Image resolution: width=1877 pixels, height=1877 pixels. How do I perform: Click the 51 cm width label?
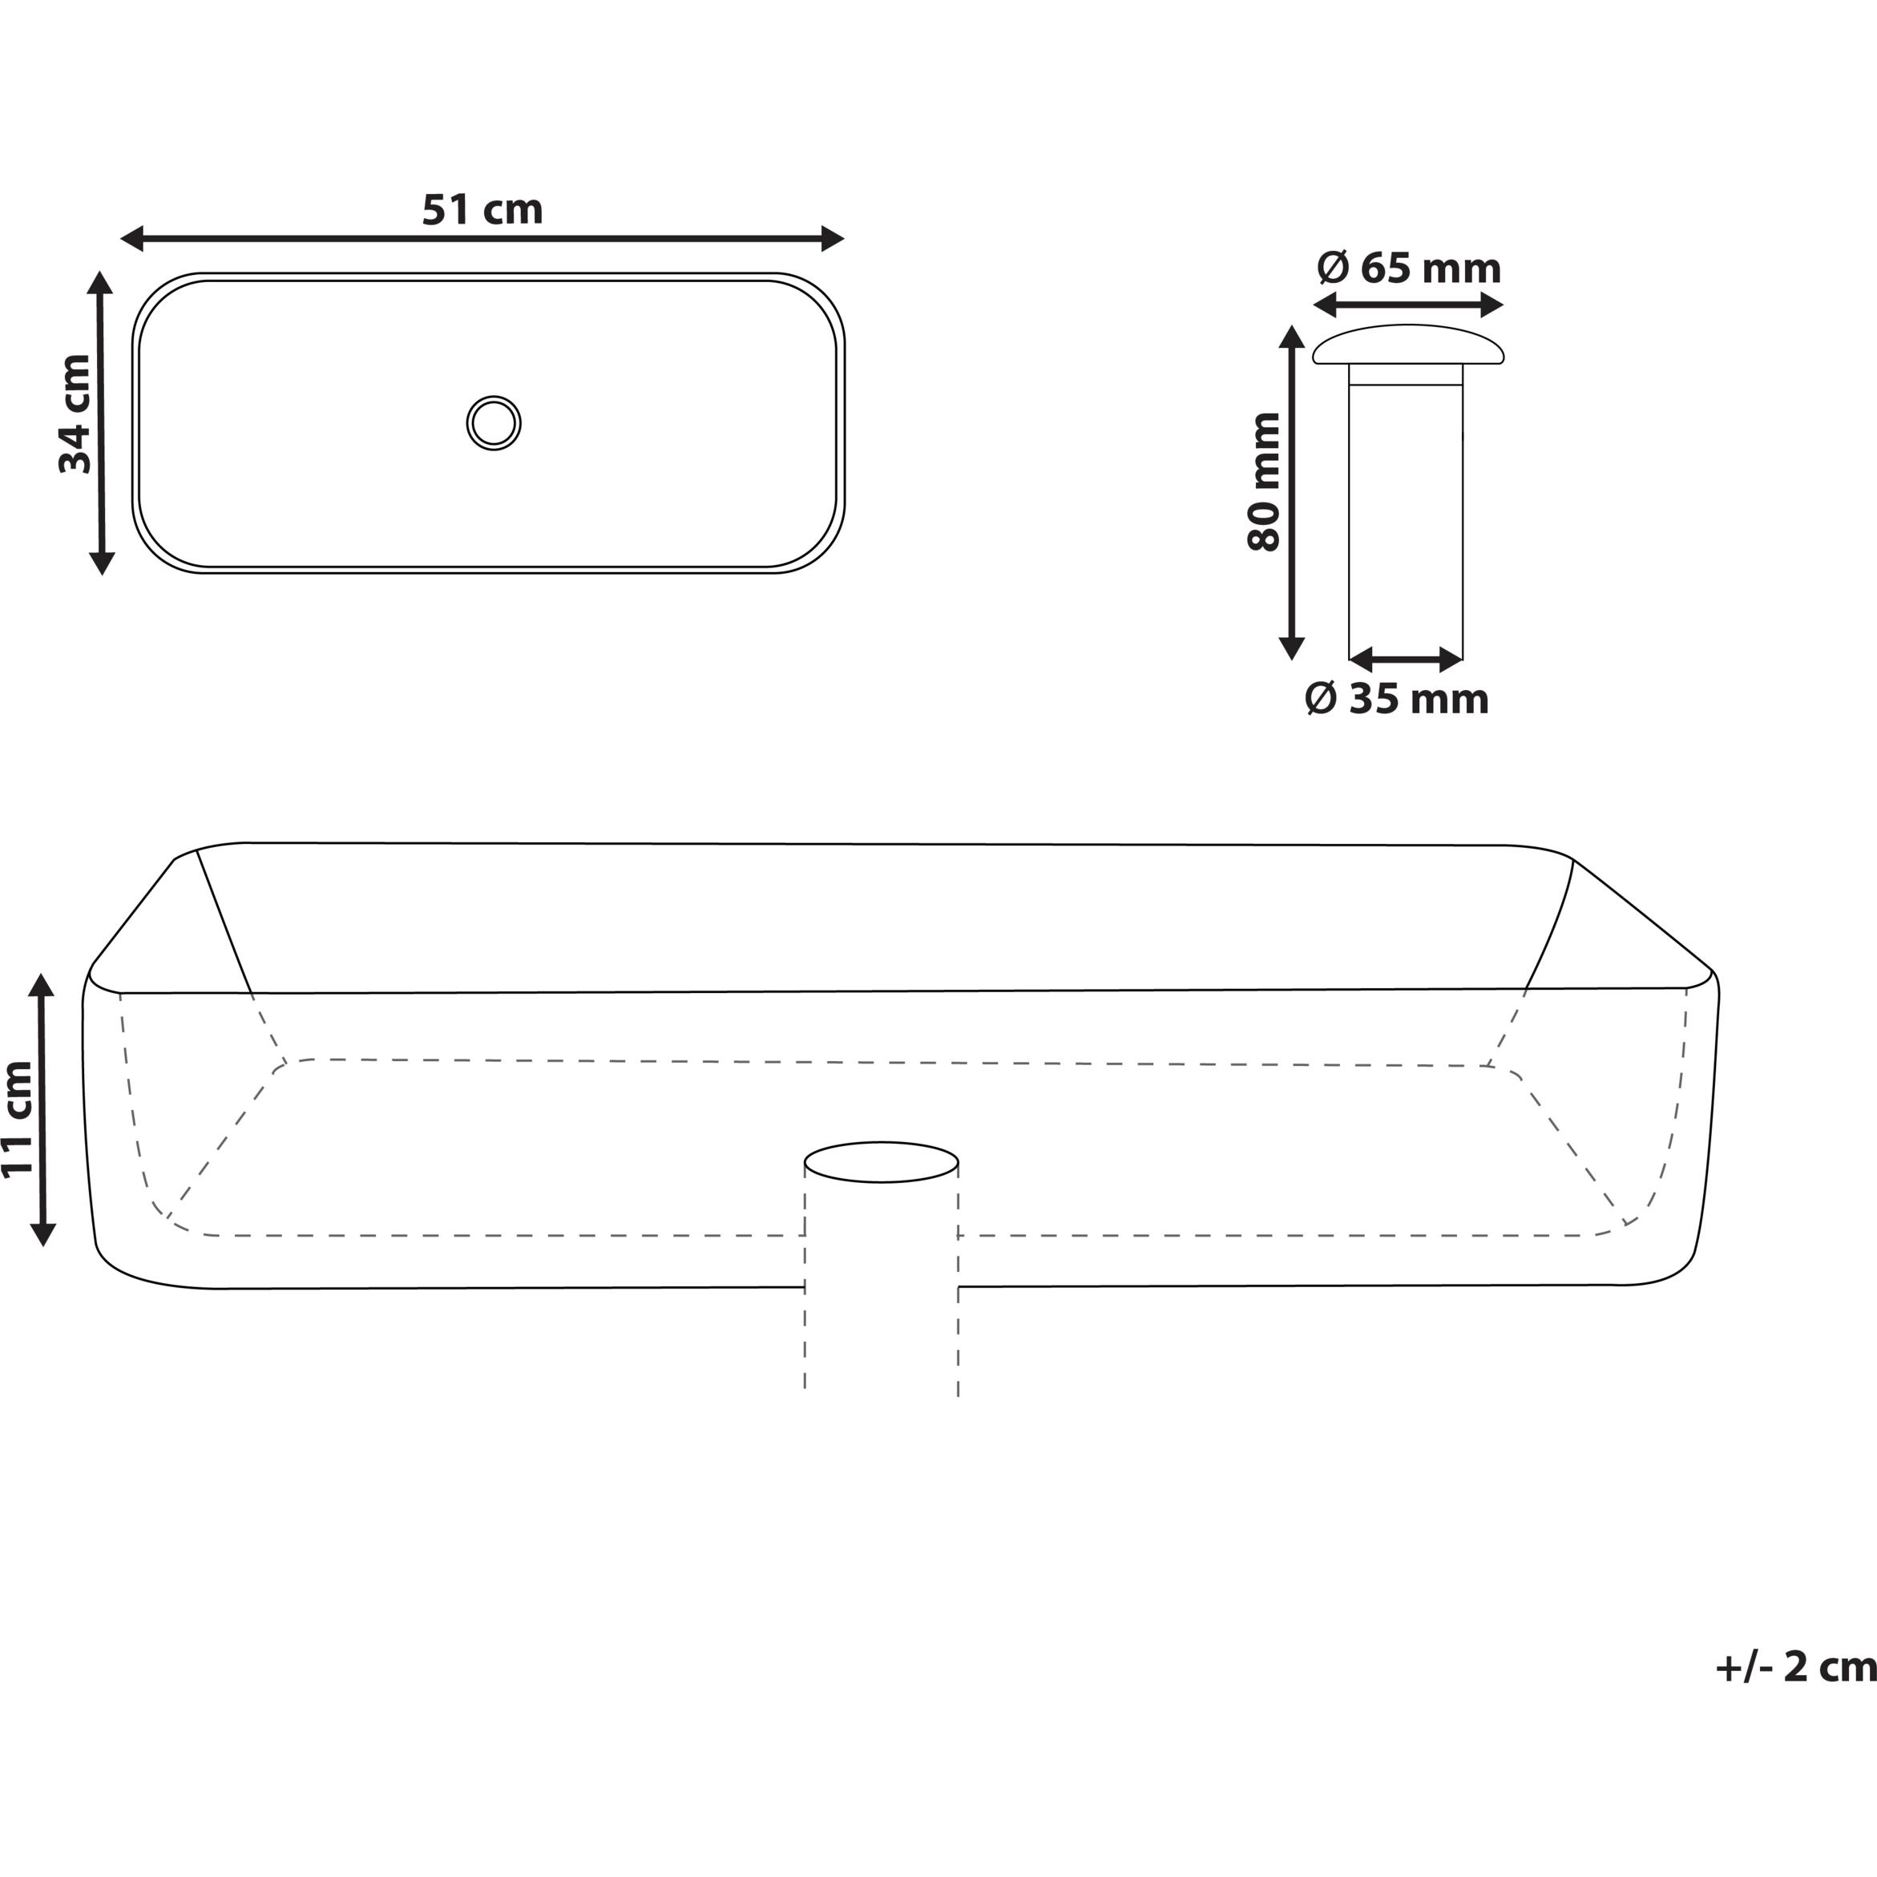[482, 210]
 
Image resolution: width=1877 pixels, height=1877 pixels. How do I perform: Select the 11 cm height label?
[18, 1118]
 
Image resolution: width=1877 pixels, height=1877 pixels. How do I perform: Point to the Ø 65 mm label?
[1409, 268]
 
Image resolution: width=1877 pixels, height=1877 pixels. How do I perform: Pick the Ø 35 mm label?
[1396, 699]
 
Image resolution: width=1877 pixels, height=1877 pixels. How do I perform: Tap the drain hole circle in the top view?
[494, 422]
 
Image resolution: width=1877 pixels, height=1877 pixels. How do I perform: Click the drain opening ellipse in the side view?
[881, 1162]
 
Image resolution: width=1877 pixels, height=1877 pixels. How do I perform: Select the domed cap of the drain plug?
[1407, 345]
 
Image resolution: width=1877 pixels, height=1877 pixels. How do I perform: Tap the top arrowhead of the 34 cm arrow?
[101, 283]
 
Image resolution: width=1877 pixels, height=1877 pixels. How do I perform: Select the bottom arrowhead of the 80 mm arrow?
[1290, 648]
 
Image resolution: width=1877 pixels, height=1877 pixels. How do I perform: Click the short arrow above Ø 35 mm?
[1406, 660]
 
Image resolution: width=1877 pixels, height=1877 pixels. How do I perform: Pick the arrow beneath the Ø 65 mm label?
[1407, 305]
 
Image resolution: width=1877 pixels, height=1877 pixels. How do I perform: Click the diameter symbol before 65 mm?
[1333, 268]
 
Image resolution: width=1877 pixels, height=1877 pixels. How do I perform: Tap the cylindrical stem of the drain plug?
[1406, 515]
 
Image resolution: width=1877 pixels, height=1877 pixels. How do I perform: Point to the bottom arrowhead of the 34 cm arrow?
[101, 563]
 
